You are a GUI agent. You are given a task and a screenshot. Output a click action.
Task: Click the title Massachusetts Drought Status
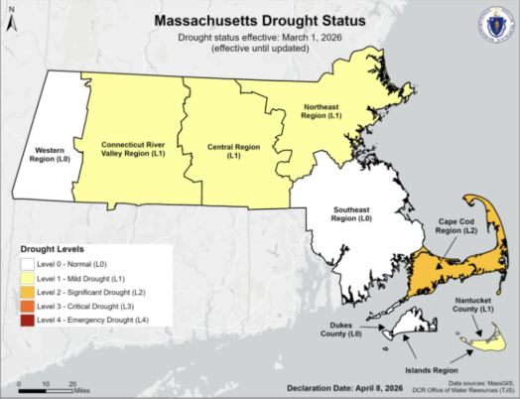[x=259, y=21]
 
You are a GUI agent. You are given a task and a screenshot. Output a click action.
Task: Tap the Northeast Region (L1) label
[x=323, y=111]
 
